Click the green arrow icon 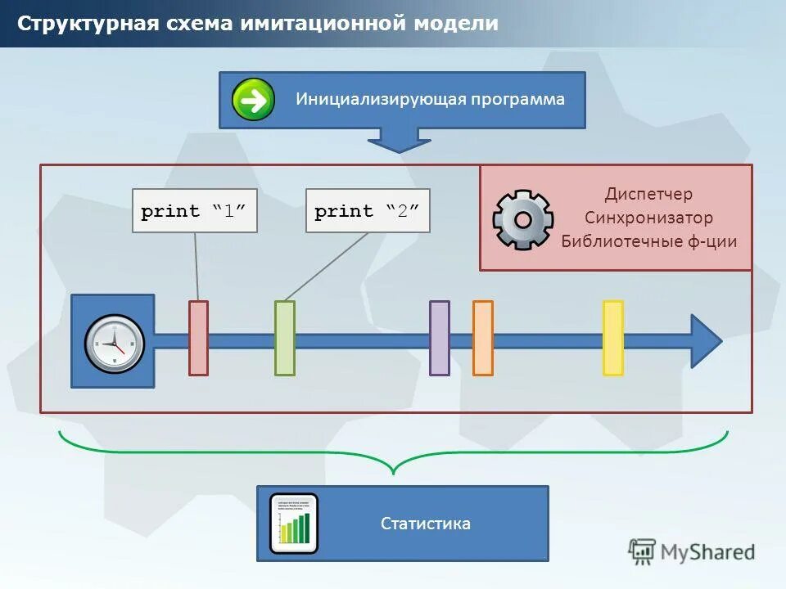point(253,100)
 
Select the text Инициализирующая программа point(430,100)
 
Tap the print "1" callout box point(195,211)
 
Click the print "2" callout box point(368,211)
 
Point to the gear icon point(523,219)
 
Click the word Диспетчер point(648,194)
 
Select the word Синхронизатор point(648,218)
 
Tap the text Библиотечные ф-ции point(648,241)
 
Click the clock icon point(114,342)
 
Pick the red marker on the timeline point(198,338)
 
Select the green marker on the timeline point(284,338)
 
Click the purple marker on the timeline point(440,338)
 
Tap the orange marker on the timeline point(483,338)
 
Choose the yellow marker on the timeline point(613,338)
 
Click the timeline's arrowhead point(705,340)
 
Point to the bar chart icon point(294,524)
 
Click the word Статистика point(426,524)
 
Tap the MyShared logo point(692,551)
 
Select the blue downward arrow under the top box point(399,140)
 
